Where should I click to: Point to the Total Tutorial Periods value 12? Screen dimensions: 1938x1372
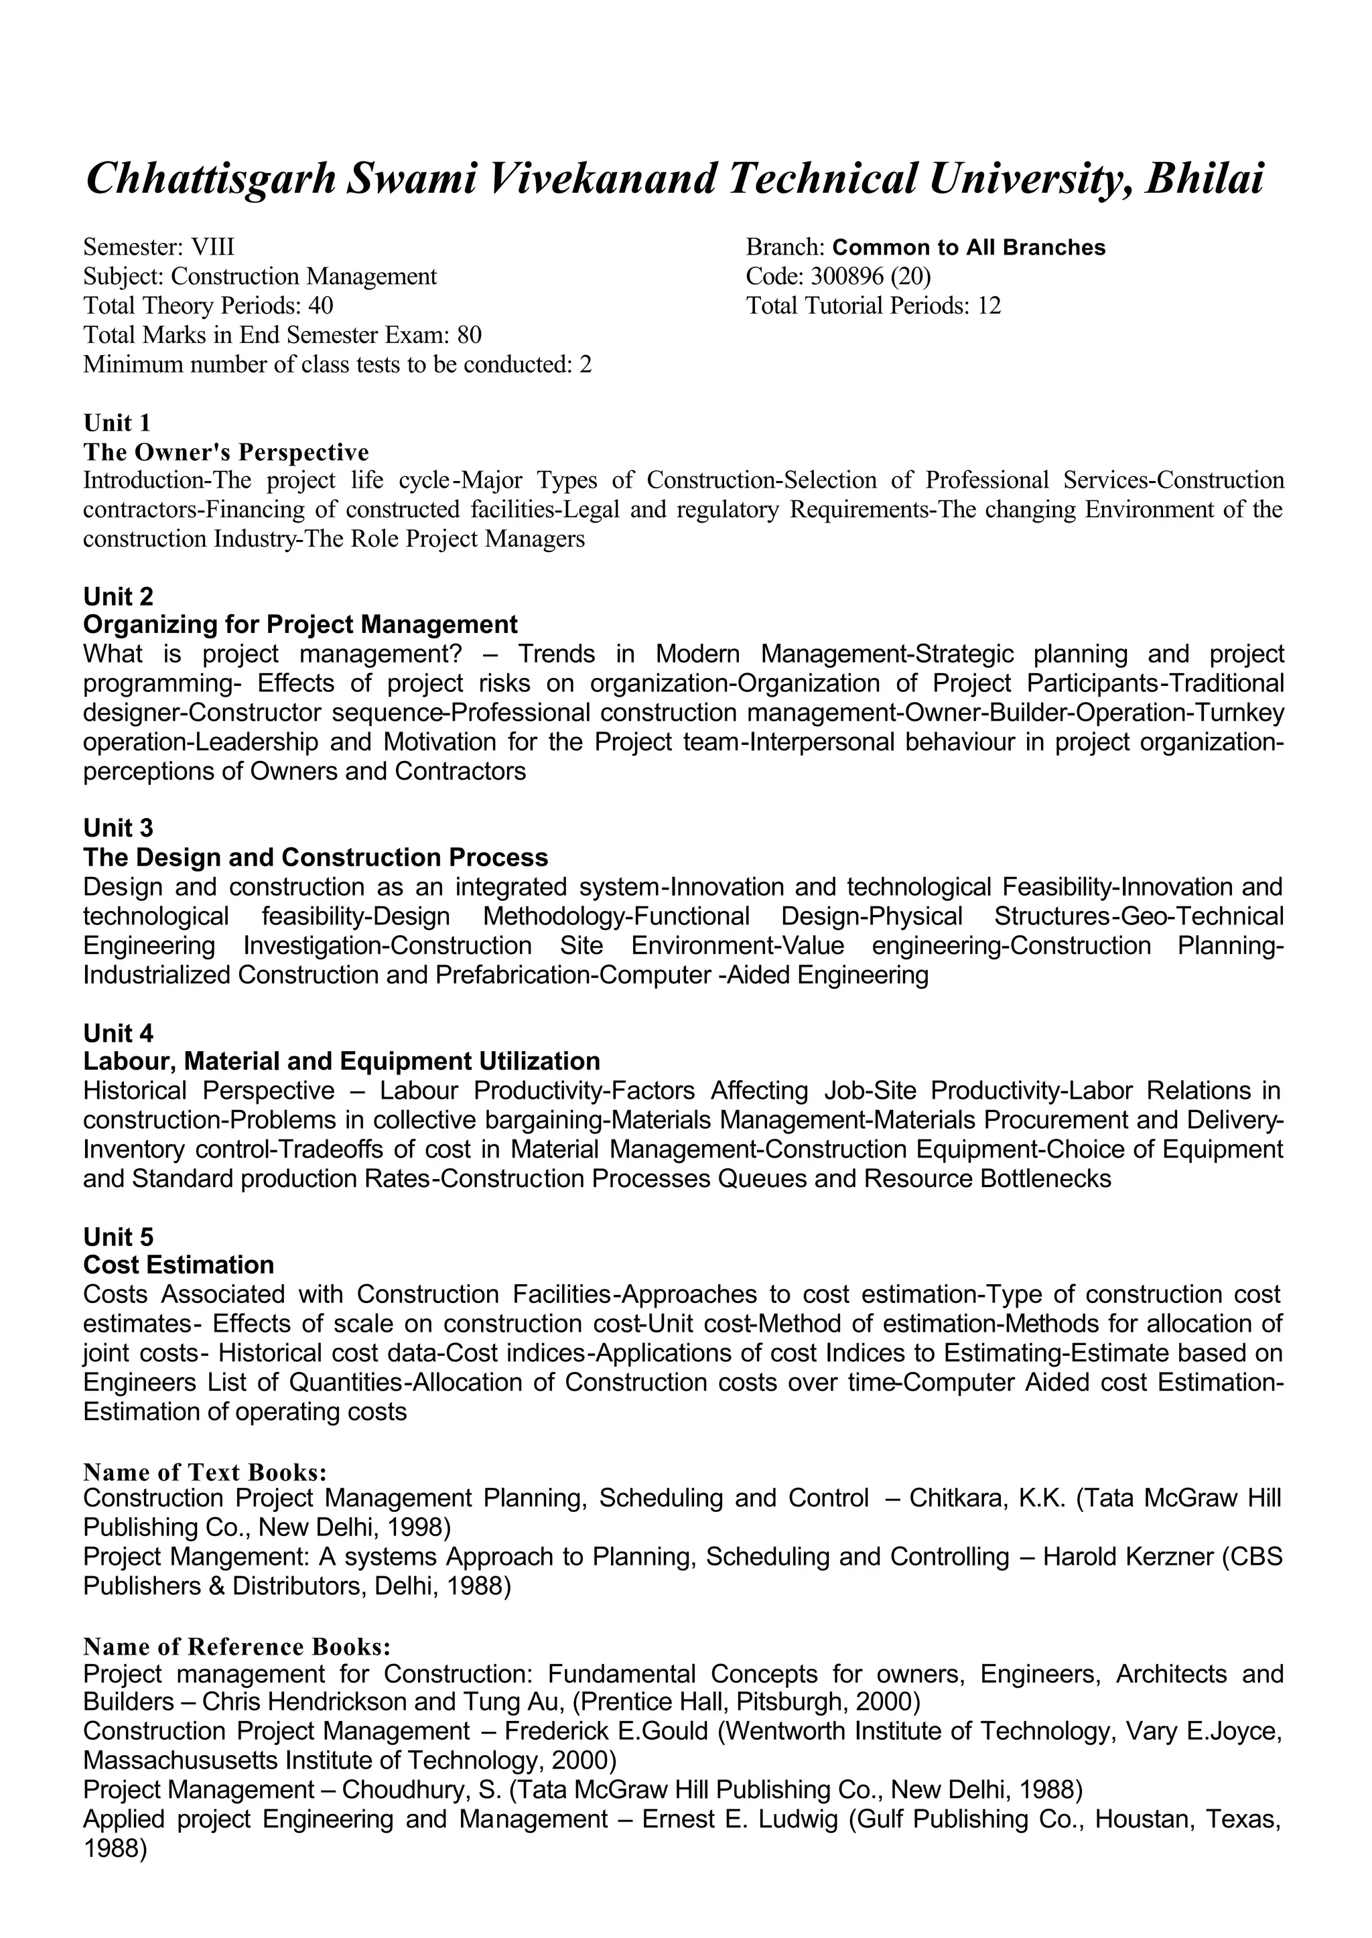point(988,306)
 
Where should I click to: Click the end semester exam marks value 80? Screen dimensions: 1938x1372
point(469,336)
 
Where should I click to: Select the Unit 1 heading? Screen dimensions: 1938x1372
point(117,423)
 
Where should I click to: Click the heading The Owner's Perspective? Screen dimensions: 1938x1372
point(226,452)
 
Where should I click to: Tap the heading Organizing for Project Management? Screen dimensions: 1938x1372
point(300,625)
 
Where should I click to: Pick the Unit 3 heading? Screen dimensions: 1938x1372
point(119,828)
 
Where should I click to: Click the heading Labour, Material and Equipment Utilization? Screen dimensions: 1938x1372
point(341,1061)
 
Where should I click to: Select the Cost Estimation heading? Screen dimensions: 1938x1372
point(178,1265)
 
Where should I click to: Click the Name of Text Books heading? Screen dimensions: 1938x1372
point(204,1472)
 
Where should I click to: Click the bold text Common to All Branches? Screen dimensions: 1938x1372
point(968,248)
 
